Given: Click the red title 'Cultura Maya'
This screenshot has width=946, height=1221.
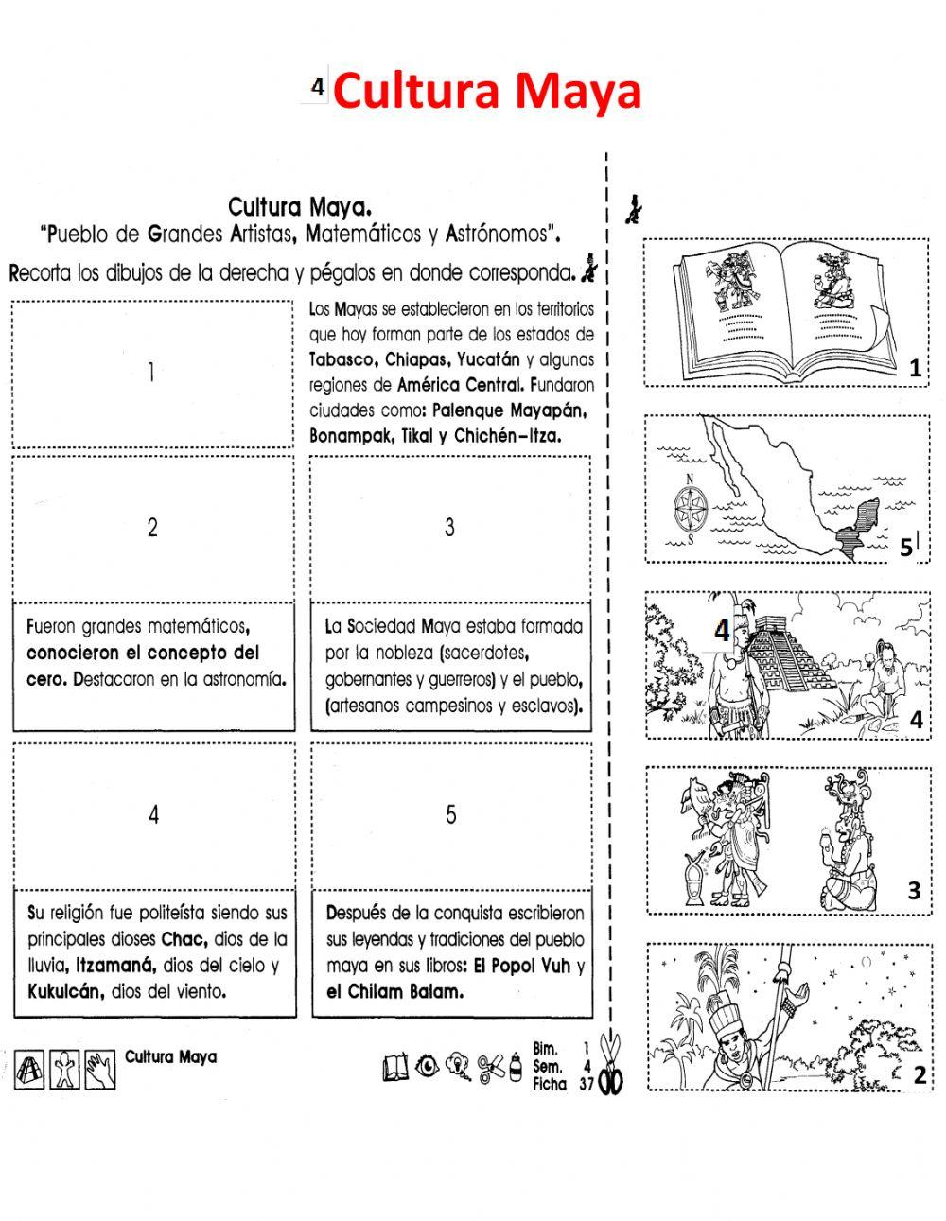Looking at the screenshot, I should click(x=487, y=93).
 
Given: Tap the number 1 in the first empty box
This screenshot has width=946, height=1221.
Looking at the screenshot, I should click(x=151, y=373).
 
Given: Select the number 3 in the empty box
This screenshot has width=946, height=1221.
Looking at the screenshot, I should click(x=449, y=528).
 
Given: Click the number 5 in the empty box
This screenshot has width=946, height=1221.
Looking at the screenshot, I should click(x=450, y=814).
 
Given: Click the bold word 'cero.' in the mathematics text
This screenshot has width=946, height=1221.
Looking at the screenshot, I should click(x=46, y=679).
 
